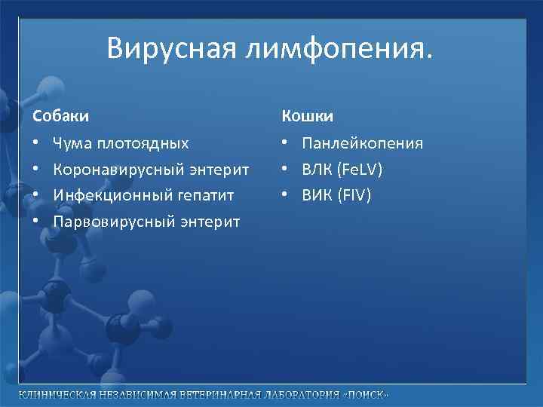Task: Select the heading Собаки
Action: tap(60, 116)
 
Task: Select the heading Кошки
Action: tap(308, 116)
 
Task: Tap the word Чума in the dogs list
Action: tap(72, 143)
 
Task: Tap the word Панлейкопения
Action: tap(362, 143)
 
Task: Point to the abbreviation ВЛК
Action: tap(316, 170)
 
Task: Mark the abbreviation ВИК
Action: tap(316, 195)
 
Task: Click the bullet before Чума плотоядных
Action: tap(36, 143)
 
